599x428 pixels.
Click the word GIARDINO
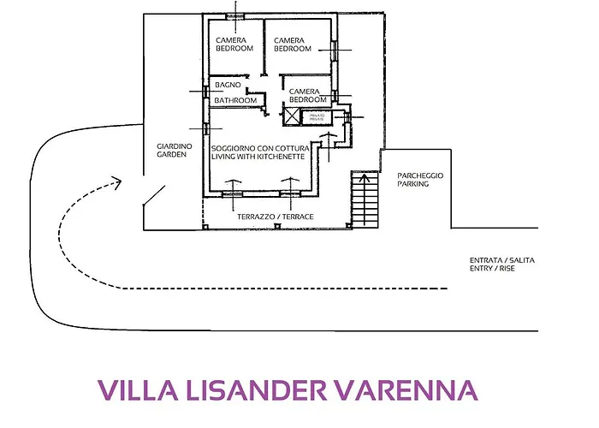coord(175,146)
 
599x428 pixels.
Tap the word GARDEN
coord(171,155)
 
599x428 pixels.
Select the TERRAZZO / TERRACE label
coord(275,217)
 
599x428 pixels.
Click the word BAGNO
coord(227,86)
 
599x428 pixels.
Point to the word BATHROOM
coord(235,100)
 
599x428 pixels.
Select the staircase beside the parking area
coord(365,199)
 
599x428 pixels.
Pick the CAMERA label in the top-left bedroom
coord(231,39)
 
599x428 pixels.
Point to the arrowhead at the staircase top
coord(365,178)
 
